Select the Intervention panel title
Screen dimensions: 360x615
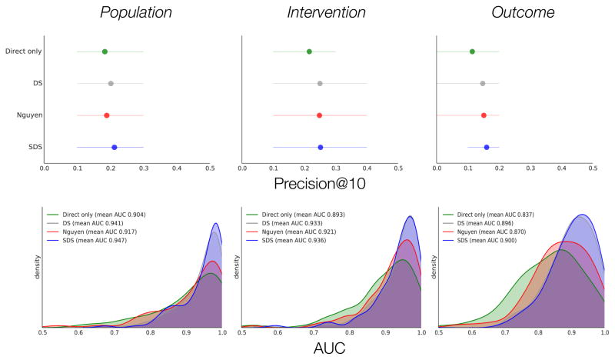320,13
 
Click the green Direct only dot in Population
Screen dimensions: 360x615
105,52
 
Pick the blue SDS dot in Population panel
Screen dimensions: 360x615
115,147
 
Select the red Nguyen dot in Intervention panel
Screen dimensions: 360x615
319,115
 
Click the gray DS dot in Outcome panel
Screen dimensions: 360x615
483,83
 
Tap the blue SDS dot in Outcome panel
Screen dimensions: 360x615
487,147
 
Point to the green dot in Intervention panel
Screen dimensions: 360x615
309,52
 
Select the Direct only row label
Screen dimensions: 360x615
23,52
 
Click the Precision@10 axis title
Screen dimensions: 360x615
320,185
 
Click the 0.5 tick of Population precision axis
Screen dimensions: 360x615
209,167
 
